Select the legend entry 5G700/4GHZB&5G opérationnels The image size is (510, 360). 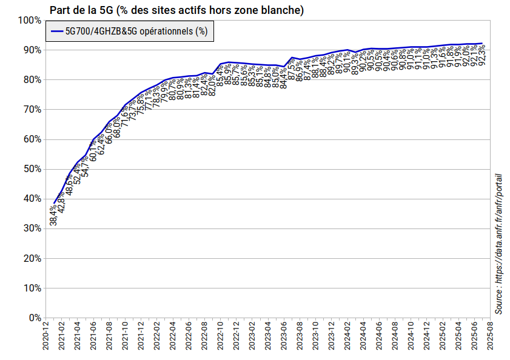[x=136, y=32]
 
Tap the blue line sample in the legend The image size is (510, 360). [x=58, y=32]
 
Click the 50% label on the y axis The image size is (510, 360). [x=31, y=168]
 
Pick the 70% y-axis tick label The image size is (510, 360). [x=31, y=109]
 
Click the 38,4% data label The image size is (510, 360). [x=54, y=215]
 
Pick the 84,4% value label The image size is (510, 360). [x=284, y=78]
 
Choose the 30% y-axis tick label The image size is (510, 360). [x=31, y=228]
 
